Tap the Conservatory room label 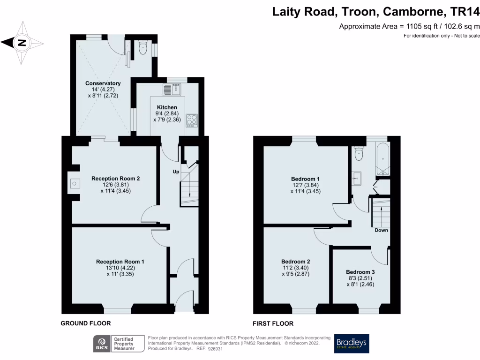point(103,83)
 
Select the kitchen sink point(172,89)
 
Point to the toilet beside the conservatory point(143,47)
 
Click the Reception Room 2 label point(115,179)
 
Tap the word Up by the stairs point(176,172)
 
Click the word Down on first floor point(381,230)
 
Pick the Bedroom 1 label point(305,179)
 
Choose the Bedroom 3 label point(360,272)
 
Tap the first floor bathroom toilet point(359,154)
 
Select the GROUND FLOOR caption point(86,323)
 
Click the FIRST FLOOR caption point(273,323)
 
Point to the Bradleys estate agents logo point(352,344)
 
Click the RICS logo point(101,344)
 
